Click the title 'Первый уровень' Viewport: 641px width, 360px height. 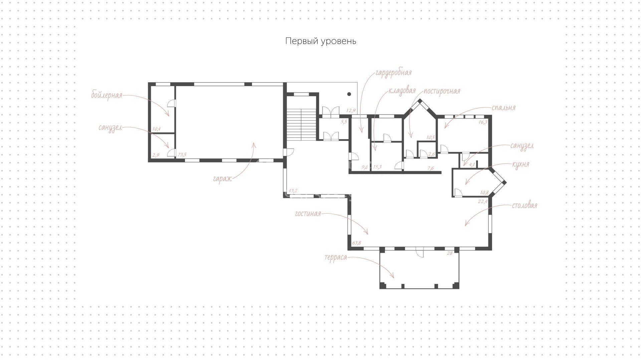click(x=320, y=41)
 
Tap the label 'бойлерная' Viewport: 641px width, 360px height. click(x=107, y=95)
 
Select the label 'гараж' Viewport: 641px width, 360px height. click(x=222, y=179)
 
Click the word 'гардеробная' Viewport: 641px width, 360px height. click(x=393, y=73)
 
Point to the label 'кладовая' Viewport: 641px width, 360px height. click(x=402, y=91)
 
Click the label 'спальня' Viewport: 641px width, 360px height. click(x=503, y=108)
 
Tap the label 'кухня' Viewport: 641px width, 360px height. click(x=520, y=164)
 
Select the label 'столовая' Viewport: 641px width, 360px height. click(x=524, y=205)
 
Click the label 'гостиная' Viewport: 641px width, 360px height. click(x=308, y=214)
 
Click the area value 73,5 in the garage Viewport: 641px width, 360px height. click(x=182, y=155)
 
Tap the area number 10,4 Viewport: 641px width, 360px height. click(x=156, y=129)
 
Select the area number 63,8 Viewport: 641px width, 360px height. click(x=357, y=243)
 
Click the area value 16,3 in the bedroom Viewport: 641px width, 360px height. click(x=483, y=122)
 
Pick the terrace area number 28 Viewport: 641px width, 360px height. click(x=450, y=253)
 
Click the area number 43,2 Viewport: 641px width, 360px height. click(x=293, y=191)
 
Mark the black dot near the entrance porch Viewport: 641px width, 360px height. click(x=349, y=94)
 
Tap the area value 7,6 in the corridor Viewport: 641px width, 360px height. click(x=431, y=168)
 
